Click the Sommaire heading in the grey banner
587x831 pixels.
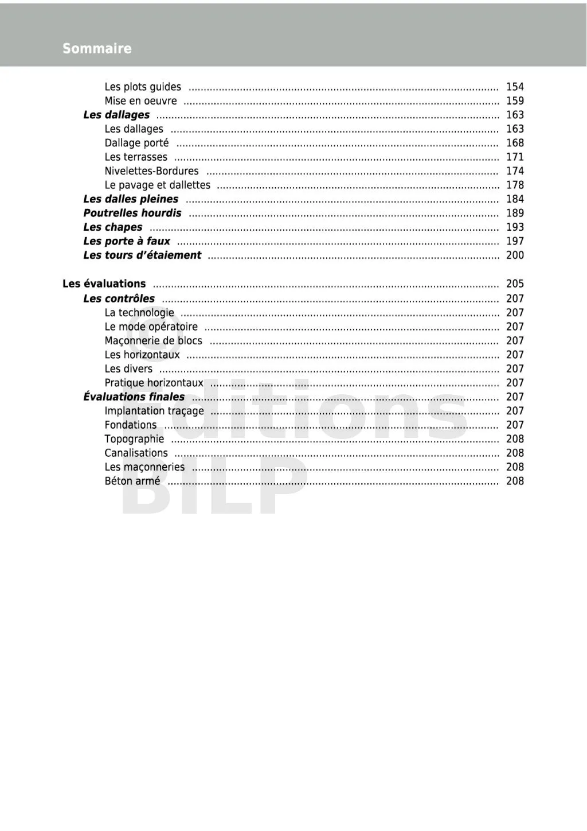point(97,49)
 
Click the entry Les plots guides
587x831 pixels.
point(143,87)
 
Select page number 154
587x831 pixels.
point(515,87)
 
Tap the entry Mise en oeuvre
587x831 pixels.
point(140,101)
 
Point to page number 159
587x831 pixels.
point(515,101)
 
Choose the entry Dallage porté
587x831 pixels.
point(136,143)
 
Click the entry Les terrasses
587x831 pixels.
point(136,157)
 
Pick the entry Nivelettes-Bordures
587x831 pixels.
point(151,171)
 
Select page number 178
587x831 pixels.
point(515,185)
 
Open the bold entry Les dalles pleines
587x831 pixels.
point(131,199)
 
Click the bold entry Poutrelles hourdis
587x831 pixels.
point(132,213)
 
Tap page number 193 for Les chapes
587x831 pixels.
point(515,227)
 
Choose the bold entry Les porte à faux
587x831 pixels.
point(127,241)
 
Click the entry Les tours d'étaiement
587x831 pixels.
point(142,255)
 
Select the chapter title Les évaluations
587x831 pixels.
point(104,284)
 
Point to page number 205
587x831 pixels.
point(515,284)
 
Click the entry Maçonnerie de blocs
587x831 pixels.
point(153,341)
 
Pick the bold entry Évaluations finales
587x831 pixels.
point(134,397)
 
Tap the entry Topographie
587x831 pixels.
point(134,439)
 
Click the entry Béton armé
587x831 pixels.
point(132,481)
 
